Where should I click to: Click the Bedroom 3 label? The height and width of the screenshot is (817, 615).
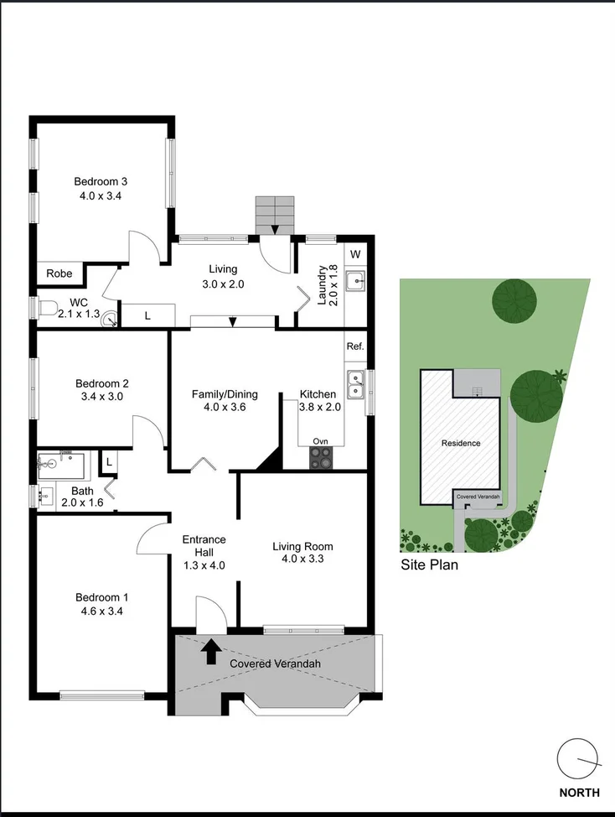(x=101, y=181)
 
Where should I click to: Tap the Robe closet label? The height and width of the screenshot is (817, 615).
(x=59, y=273)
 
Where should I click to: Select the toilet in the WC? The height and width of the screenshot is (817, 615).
(x=48, y=308)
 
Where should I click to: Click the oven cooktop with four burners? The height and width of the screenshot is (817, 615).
(x=321, y=457)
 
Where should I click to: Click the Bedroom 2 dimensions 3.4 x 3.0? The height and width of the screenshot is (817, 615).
(x=101, y=397)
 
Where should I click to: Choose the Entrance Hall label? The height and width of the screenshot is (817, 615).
(x=204, y=545)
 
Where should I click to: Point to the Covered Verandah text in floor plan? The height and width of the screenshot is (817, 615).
(x=276, y=664)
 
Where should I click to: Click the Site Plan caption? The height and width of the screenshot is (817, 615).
(x=429, y=565)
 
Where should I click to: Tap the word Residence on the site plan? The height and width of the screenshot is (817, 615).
(x=461, y=443)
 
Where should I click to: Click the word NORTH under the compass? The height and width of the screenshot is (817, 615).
(x=580, y=793)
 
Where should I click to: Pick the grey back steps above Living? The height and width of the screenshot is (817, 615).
(x=276, y=215)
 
